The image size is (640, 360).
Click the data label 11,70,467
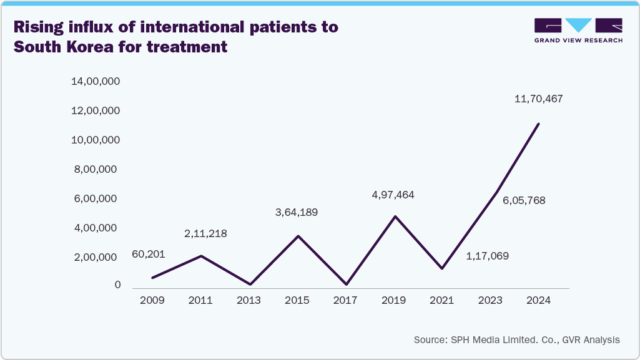(538, 99)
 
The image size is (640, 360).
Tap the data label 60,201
(148, 255)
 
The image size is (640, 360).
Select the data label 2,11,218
(205, 234)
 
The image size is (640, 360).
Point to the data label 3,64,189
(297, 213)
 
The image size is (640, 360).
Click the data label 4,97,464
(393, 195)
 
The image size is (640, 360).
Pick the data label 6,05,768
(524, 201)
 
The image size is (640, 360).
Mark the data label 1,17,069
(488, 256)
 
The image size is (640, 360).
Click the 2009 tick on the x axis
(152, 301)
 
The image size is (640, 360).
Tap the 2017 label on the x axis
(345, 301)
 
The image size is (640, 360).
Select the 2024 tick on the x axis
(538, 301)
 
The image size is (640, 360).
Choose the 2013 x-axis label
(249, 301)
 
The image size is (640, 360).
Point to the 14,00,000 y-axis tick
(96, 82)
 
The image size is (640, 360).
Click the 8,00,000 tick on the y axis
(96, 170)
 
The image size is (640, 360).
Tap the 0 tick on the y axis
(117, 285)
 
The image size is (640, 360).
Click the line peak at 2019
(394, 216)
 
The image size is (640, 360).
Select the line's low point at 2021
(442, 268)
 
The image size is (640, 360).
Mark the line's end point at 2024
(538, 124)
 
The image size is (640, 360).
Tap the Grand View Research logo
(578, 31)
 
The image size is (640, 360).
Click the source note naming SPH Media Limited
(516, 340)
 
